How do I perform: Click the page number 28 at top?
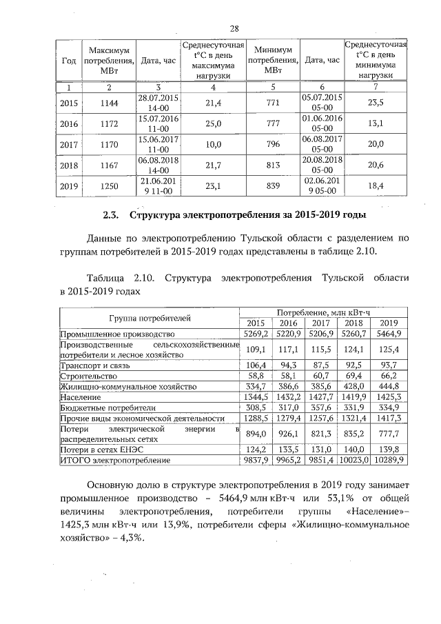click(234, 28)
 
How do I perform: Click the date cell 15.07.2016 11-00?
click(158, 124)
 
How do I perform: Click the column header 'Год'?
click(69, 61)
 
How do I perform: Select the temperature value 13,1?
click(376, 124)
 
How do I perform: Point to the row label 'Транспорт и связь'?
click(94, 365)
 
